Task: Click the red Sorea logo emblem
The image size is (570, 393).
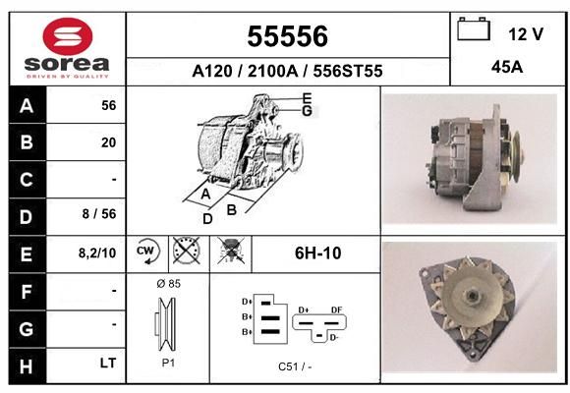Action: click(68, 36)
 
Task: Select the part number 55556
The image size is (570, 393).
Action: click(288, 36)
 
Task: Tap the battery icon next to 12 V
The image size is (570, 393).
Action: click(474, 28)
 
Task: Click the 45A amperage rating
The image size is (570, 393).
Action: click(507, 67)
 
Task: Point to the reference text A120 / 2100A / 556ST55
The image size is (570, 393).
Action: click(287, 71)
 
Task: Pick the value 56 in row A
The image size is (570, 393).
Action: click(109, 105)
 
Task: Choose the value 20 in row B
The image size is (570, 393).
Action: click(109, 142)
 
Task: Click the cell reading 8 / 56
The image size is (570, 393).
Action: click(99, 214)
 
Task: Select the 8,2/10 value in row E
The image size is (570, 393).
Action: click(97, 253)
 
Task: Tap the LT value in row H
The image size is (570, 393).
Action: click(108, 363)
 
